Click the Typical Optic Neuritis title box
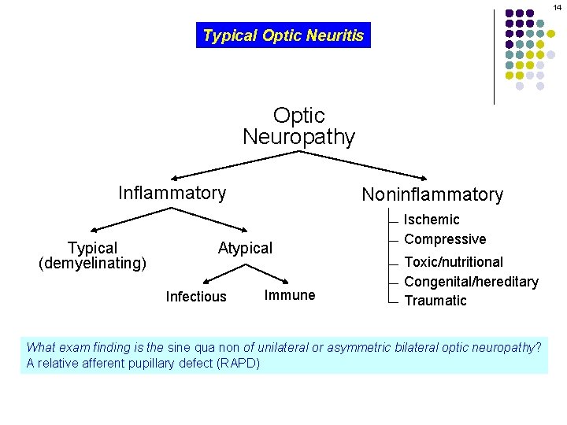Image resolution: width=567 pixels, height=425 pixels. coord(283,35)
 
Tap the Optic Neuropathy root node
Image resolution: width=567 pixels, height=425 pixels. coord(298,127)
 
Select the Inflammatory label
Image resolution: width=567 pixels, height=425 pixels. coord(172,193)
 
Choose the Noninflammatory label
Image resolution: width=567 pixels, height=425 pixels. coord(432,194)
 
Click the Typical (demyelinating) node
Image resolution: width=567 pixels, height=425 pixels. coord(92,256)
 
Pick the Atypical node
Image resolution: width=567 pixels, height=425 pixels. coord(245,249)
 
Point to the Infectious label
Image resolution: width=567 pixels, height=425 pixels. coord(196,297)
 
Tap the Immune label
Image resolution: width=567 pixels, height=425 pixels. coord(290,295)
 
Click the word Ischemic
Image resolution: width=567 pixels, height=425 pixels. coord(432,220)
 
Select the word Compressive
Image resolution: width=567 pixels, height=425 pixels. coord(445,239)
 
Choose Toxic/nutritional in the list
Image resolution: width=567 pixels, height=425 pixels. coord(454,262)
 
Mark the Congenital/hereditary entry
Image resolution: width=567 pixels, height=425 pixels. coord(471,282)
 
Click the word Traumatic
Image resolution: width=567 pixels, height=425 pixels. coord(435,301)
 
